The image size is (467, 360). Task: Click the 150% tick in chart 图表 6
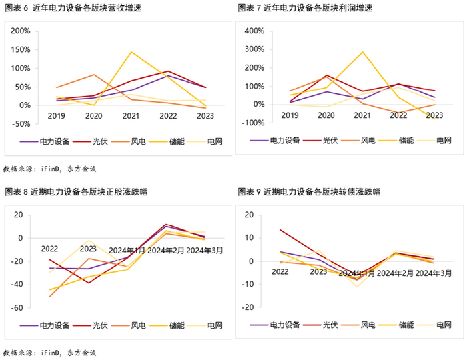[x=19, y=50]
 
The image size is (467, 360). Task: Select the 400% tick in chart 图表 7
[x=256, y=31]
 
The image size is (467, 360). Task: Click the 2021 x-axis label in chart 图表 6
[x=131, y=115]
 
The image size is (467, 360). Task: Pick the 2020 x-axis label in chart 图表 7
[x=326, y=115]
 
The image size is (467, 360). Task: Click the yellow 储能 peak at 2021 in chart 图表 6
[x=131, y=52]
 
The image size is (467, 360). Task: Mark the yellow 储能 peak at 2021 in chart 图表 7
[x=363, y=52]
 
